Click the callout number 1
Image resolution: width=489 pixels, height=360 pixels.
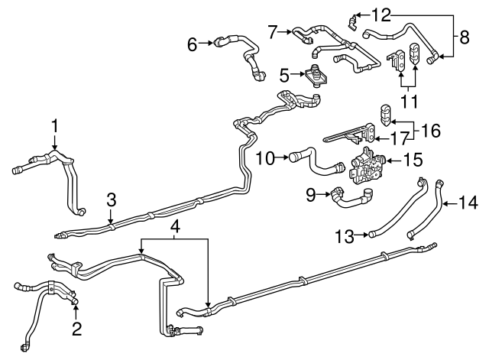click(x=54, y=125)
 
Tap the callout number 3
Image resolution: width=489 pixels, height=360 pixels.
click(x=111, y=200)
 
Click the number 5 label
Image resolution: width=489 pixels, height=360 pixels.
click(x=284, y=75)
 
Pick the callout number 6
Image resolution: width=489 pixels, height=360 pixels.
click(x=193, y=44)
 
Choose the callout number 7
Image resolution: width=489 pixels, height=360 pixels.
click(x=273, y=32)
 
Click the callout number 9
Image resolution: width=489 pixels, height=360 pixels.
click(x=311, y=196)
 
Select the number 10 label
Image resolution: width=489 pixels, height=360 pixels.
click(x=264, y=158)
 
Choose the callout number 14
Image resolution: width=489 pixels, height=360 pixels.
click(x=469, y=203)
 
